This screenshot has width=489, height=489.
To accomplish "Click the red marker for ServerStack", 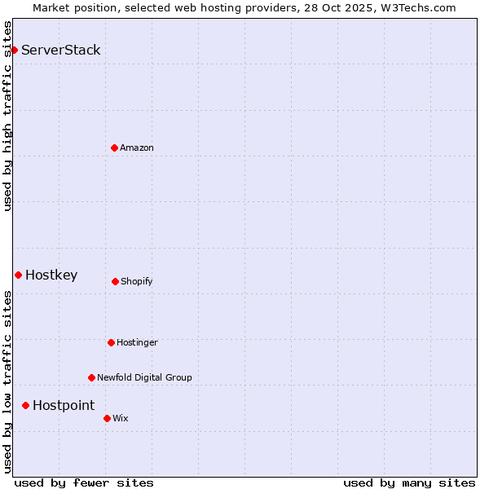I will [x=14, y=51].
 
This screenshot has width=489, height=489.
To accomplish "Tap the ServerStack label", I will [x=61, y=51].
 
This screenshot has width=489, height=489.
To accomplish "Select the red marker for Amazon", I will [x=114, y=148].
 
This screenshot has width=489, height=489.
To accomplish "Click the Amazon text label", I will [x=137, y=148].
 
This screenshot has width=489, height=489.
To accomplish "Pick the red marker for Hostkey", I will [x=18, y=275].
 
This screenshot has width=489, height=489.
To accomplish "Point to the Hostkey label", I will [x=51, y=275].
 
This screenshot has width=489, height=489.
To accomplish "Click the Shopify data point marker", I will [x=115, y=281].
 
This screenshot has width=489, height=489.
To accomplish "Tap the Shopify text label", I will [x=137, y=282].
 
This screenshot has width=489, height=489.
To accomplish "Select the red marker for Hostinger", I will [x=111, y=342].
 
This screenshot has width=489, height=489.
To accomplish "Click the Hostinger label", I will [x=137, y=343].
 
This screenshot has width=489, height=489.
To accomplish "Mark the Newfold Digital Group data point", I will [x=91, y=377].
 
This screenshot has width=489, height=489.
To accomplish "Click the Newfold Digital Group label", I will [x=144, y=378].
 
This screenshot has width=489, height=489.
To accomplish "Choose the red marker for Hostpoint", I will [x=25, y=405].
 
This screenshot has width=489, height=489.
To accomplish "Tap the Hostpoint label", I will [x=64, y=406].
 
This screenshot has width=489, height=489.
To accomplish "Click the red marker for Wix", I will [x=107, y=418].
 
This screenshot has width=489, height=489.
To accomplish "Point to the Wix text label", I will [x=121, y=419].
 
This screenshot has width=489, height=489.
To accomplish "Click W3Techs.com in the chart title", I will [x=420, y=7].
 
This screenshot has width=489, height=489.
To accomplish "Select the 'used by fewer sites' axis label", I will [x=84, y=482].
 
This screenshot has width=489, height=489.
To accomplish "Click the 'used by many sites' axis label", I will [x=409, y=482].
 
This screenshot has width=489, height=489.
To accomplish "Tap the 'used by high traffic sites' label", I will [x=7, y=116].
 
